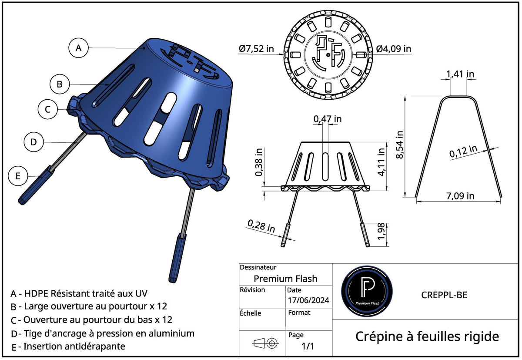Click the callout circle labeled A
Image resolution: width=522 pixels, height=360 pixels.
(x=78, y=48)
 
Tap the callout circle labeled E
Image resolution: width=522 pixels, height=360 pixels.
(x=18, y=176)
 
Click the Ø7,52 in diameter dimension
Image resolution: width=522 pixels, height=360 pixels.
(x=256, y=49)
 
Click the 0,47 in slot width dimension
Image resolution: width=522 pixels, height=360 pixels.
(x=327, y=118)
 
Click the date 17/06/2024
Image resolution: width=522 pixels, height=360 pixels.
(x=308, y=300)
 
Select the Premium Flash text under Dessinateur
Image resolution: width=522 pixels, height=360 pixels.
(x=285, y=279)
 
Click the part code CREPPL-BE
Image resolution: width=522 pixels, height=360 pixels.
(x=444, y=295)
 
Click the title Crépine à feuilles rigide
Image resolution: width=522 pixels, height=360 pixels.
(x=427, y=336)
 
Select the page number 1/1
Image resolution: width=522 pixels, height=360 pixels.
(x=308, y=347)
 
